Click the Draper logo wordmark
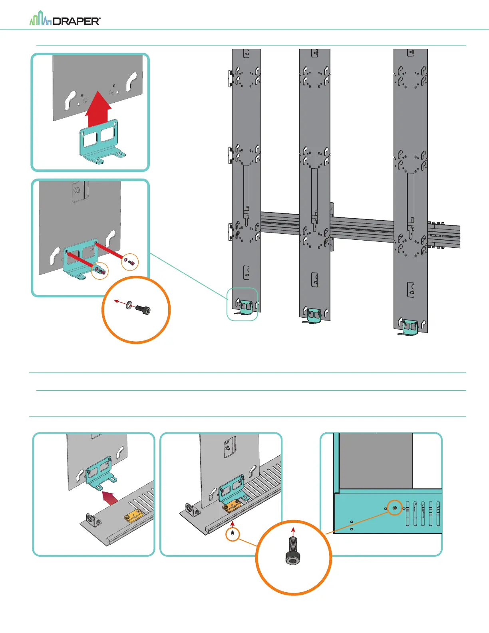point(76,21)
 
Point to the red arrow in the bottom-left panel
point(110,499)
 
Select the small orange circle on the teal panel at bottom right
point(395,508)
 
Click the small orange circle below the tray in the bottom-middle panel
point(232,533)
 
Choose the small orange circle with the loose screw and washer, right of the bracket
point(130,262)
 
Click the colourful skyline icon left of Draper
point(40,19)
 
